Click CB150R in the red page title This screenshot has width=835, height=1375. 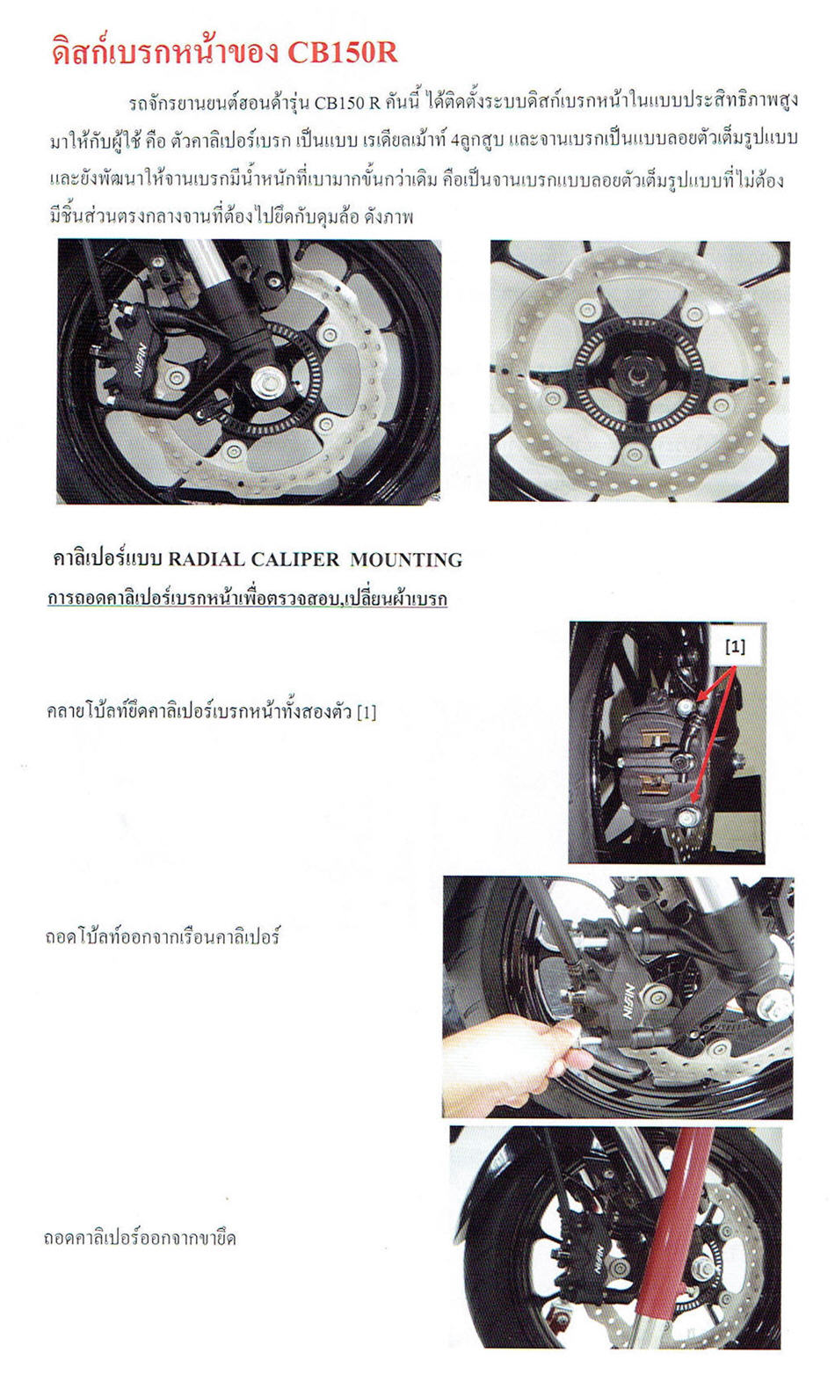(342, 54)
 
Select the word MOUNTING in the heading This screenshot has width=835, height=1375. (406, 559)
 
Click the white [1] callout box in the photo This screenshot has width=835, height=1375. (735, 646)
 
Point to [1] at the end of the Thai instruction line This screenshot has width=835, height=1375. (367, 712)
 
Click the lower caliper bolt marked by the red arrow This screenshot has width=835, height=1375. (688, 816)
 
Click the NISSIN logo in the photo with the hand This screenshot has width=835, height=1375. (628, 1001)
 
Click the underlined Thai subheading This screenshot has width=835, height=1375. (247, 599)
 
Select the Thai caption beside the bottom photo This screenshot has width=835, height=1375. (139, 1237)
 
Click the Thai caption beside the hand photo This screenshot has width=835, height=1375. (163, 936)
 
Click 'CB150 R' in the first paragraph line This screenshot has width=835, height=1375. (348, 102)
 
